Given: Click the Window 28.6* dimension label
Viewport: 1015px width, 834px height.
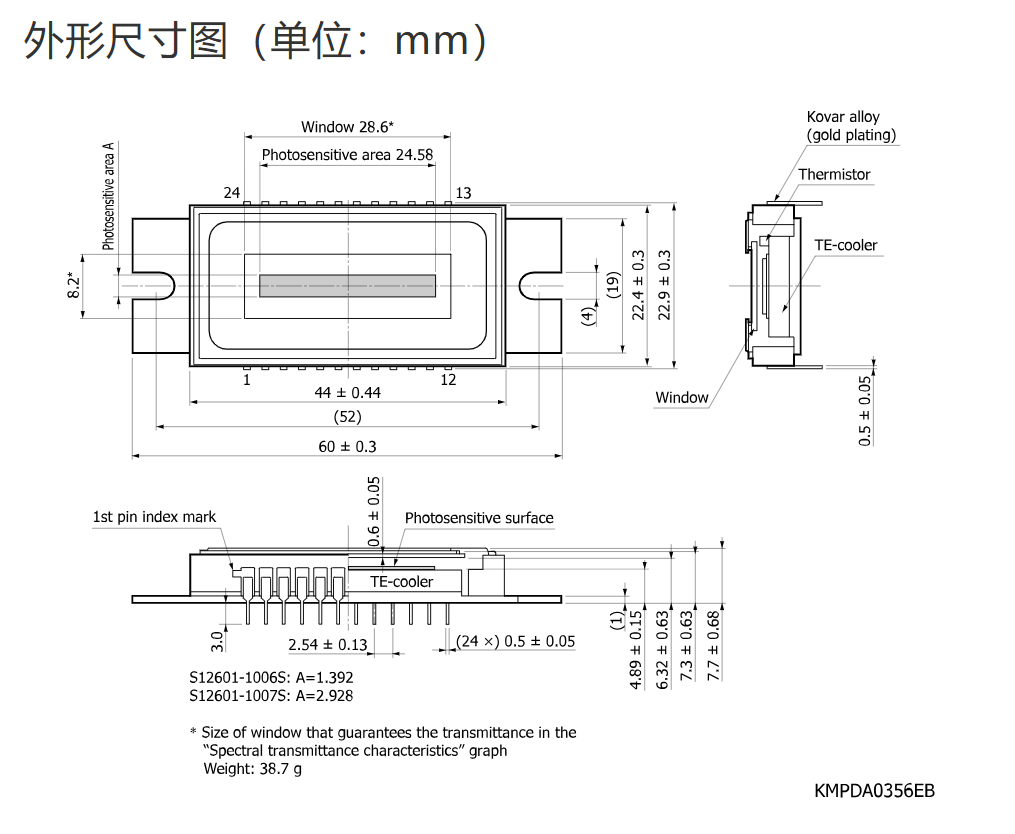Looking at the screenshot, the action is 347,127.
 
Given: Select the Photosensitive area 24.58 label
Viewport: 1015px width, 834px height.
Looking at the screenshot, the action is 347,155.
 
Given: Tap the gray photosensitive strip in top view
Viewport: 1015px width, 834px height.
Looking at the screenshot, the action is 347,286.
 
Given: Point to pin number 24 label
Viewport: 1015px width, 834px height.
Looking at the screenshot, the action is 232,192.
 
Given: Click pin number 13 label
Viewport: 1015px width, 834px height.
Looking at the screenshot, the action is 463,193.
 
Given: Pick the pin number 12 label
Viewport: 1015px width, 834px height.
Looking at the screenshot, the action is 448,380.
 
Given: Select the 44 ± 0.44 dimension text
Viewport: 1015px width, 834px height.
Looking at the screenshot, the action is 348,392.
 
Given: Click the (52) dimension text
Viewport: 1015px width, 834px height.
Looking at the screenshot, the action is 348,416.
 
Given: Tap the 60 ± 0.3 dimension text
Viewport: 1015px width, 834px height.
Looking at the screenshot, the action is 347,446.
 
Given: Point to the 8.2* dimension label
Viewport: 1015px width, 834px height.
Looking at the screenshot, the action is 74,286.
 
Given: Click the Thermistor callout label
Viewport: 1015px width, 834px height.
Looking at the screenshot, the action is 834,174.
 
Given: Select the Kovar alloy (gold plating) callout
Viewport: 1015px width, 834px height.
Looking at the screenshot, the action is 851,126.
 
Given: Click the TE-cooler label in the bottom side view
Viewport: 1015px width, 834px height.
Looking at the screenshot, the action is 401,581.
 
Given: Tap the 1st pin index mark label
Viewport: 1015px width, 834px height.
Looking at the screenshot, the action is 154,517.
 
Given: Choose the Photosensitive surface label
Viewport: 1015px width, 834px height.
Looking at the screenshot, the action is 479,518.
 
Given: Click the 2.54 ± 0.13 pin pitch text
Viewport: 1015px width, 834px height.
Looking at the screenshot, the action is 328,644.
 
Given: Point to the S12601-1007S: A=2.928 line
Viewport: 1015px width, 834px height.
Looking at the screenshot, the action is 271,695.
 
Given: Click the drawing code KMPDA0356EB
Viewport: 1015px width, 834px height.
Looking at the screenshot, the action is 875,791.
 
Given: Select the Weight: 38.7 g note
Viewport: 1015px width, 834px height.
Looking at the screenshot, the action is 252,769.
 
